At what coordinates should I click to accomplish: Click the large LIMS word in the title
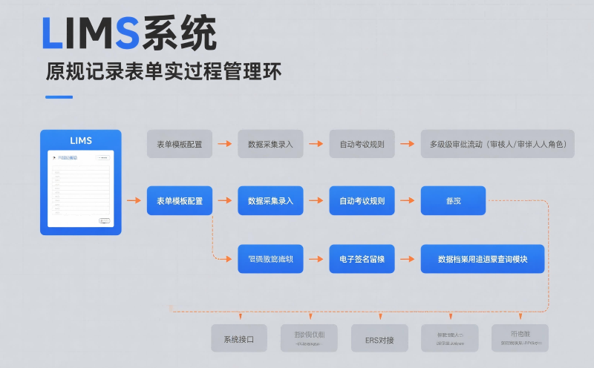tap(90, 33)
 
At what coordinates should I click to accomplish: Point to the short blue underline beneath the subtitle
tap(59, 97)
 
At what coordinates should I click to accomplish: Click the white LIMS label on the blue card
tap(80, 140)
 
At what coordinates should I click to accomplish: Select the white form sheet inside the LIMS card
tap(80, 189)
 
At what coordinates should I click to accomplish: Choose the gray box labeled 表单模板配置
tap(179, 144)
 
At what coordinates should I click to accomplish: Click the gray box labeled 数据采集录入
tap(270, 144)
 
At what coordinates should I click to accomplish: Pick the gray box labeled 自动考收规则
tap(362, 144)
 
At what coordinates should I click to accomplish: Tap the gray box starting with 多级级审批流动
tap(497, 144)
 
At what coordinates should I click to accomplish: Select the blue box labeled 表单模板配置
tap(179, 200)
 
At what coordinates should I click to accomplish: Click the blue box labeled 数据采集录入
tap(270, 200)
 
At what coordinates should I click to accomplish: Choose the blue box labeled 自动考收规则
tap(362, 200)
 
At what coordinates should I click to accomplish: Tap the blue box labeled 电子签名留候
tap(362, 259)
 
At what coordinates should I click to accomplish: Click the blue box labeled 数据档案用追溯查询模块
tap(482, 259)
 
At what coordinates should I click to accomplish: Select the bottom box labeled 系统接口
tap(238, 338)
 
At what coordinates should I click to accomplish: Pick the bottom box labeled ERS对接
tap(379, 338)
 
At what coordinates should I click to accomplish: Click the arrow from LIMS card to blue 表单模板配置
tap(134, 200)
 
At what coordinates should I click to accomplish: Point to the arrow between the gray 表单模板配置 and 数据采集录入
tap(225, 144)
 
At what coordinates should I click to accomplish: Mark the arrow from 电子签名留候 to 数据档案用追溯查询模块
tap(407, 259)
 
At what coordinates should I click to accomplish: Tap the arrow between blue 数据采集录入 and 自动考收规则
tap(316, 200)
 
